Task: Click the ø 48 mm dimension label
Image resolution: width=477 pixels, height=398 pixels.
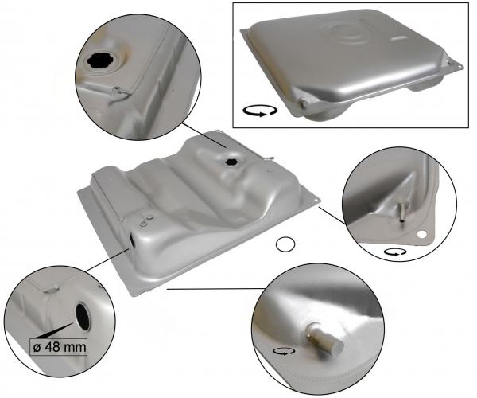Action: (58, 346)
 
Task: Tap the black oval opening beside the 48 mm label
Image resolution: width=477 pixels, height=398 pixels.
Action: (83, 317)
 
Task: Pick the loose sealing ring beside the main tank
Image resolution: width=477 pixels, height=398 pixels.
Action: (285, 244)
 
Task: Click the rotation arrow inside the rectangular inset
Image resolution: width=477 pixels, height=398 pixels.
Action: (260, 111)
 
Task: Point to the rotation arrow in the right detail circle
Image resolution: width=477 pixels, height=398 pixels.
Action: (395, 252)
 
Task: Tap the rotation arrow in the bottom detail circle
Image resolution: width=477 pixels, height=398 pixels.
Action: (284, 352)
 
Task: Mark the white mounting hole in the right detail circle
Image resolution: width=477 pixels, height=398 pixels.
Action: (421, 235)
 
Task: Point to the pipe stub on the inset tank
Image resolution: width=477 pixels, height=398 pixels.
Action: (302, 103)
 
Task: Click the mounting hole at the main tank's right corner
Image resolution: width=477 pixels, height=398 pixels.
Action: (316, 201)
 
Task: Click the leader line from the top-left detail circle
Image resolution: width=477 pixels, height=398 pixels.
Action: (204, 135)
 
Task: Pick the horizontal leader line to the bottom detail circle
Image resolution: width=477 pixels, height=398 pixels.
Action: (216, 289)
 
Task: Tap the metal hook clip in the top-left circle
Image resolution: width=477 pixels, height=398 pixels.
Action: (119, 92)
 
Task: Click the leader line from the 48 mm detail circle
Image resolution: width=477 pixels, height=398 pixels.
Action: (107, 259)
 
